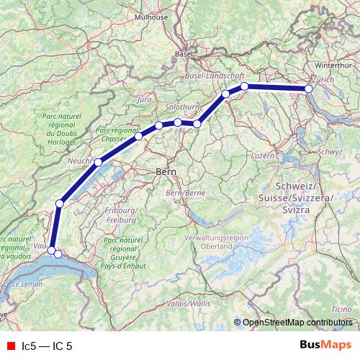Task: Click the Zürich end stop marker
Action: [309, 89]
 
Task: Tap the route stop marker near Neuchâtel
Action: [99, 162]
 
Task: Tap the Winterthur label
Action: [331, 65]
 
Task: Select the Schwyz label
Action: [329, 152]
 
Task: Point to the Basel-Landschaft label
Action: [215, 75]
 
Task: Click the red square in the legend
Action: [10, 346]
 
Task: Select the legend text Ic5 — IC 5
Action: [48, 346]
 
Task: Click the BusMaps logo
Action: [325, 346]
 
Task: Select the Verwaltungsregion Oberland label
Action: [216, 241]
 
